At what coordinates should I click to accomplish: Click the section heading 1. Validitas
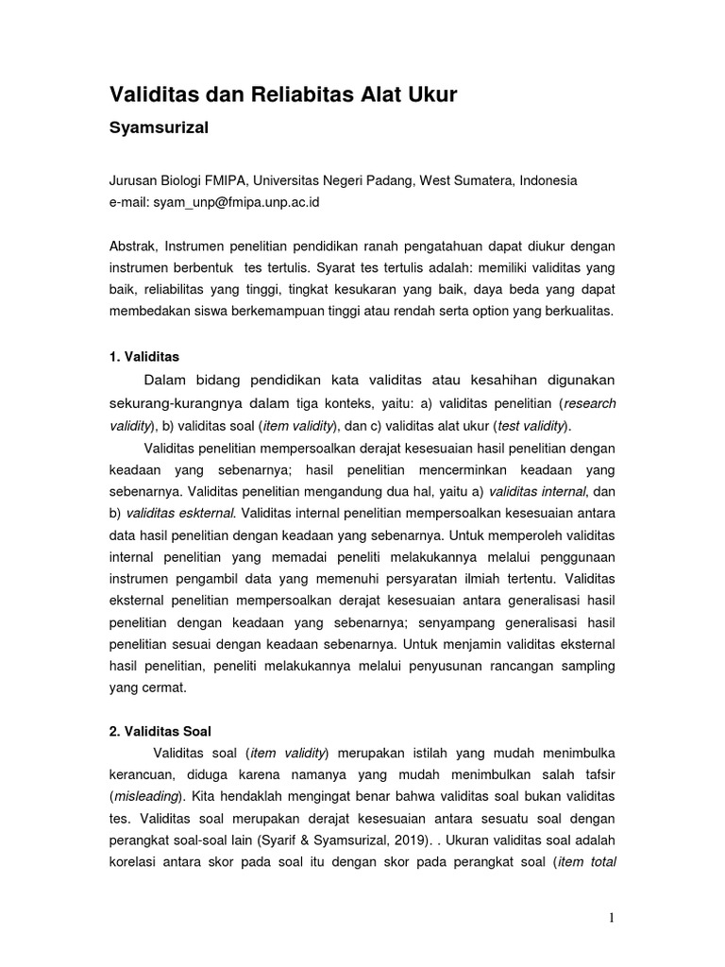[x=144, y=358]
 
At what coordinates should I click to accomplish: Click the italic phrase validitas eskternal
[x=180, y=514]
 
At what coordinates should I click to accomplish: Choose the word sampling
[x=585, y=667]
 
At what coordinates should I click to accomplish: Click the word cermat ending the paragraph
[x=165, y=688]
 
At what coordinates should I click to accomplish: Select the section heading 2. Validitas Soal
[x=160, y=731]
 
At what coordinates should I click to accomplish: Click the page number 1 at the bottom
[x=612, y=919]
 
